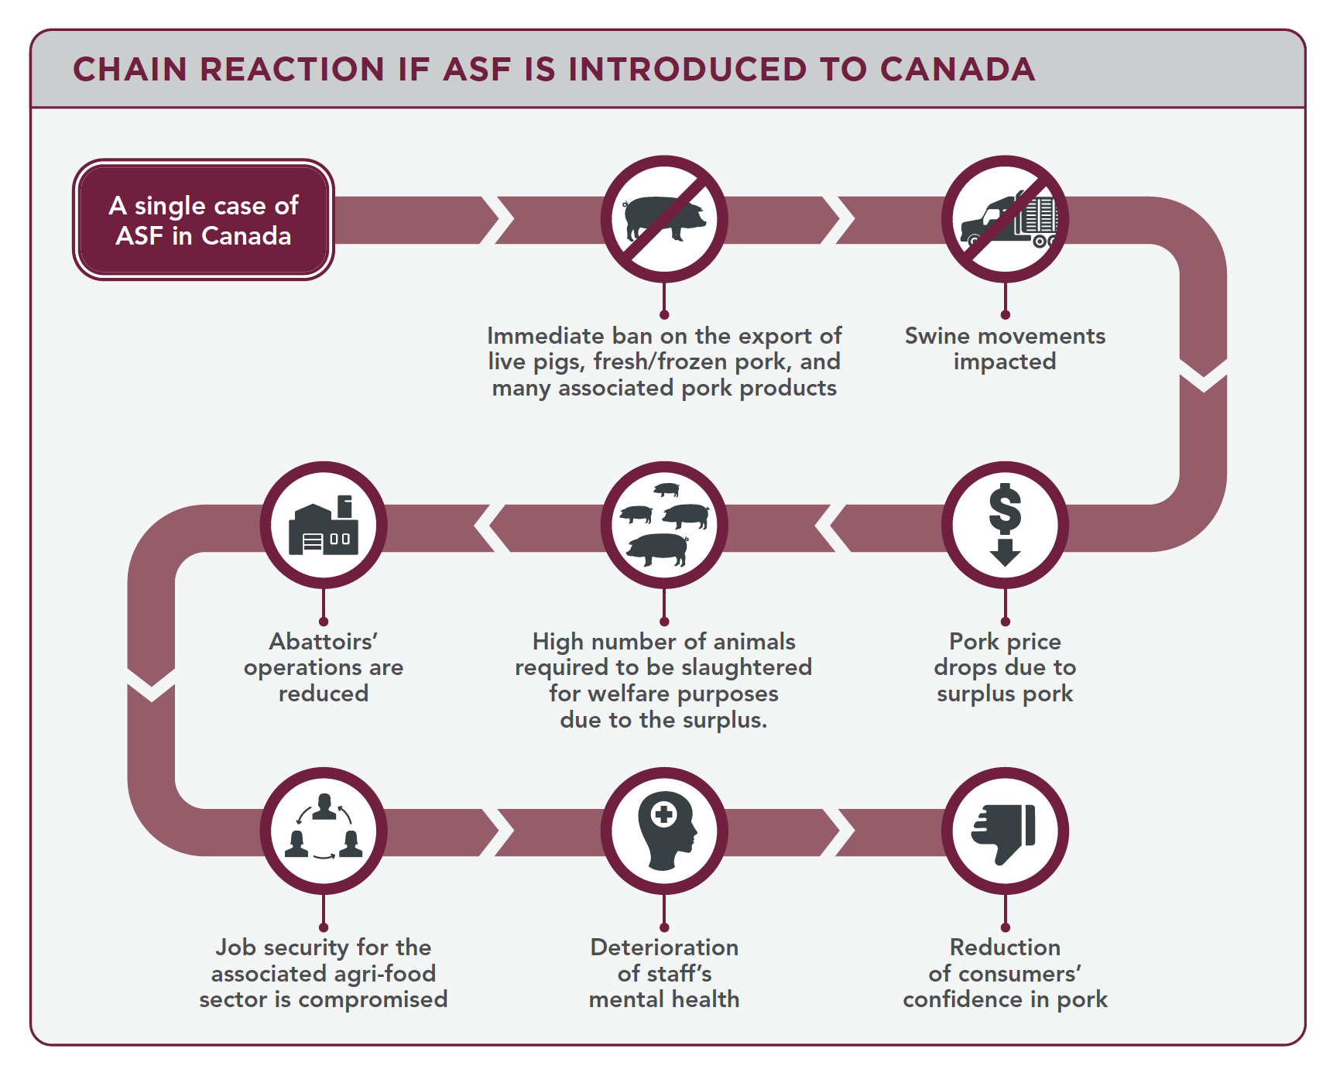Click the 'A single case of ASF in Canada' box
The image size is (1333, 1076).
[204, 220]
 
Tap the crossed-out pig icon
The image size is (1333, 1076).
[664, 219]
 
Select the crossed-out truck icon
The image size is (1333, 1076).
[1005, 219]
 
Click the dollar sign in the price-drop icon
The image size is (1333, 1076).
[1005, 509]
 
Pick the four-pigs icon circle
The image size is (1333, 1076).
[664, 525]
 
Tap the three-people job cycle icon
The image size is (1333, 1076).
[324, 827]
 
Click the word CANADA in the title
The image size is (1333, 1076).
[958, 70]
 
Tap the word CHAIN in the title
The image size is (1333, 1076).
[130, 70]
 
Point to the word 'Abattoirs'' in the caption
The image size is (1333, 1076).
[324, 642]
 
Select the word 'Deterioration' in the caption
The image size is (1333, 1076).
[664, 947]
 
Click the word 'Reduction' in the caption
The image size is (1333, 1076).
[1005, 947]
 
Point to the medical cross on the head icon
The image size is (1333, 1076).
[663, 814]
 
